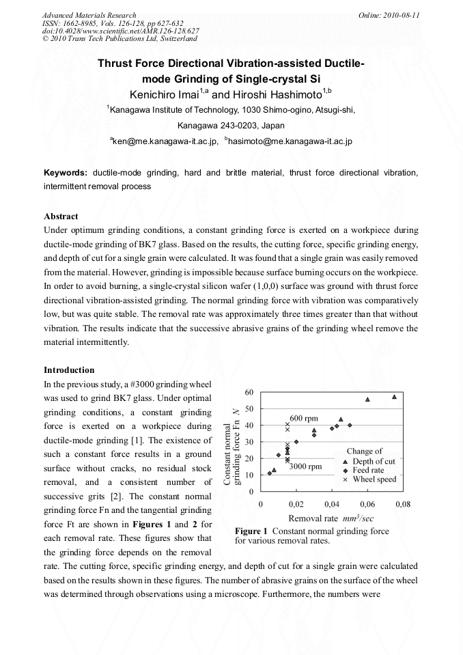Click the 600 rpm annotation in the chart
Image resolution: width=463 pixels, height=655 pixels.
[x=305, y=417]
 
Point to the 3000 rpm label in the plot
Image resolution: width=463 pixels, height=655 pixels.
[x=305, y=466]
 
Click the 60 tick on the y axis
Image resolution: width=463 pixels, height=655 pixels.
[x=249, y=392]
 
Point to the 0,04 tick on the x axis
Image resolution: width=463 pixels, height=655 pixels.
[x=332, y=504]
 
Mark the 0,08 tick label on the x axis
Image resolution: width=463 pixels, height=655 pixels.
[x=402, y=504]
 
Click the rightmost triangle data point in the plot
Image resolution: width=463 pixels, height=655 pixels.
[x=394, y=397]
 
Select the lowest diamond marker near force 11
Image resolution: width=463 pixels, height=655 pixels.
[x=270, y=473]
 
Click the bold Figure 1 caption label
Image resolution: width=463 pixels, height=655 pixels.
[x=253, y=531]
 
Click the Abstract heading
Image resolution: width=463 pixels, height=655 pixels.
[x=61, y=217]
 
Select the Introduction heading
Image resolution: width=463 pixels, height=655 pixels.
[x=69, y=370]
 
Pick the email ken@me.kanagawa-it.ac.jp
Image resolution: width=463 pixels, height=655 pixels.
[x=165, y=141]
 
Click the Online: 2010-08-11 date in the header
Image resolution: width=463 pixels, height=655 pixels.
[x=389, y=15]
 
